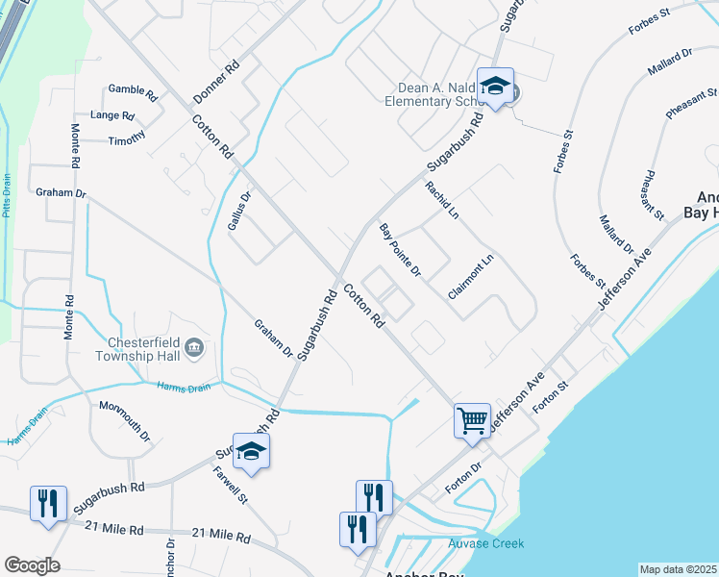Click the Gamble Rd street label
(133, 92)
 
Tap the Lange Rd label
(112, 115)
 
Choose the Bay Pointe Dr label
(400, 250)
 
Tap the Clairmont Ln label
(470, 275)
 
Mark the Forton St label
(551, 395)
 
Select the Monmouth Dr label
(125, 420)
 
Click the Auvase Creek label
(486, 543)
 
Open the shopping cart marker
(472, 420)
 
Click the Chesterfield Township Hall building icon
(194, 347)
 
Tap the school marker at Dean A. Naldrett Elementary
(496, 87)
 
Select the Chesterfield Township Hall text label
(134, 347)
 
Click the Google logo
(31, 565)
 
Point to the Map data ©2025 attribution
(679, 570)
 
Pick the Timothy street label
(126, 139)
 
